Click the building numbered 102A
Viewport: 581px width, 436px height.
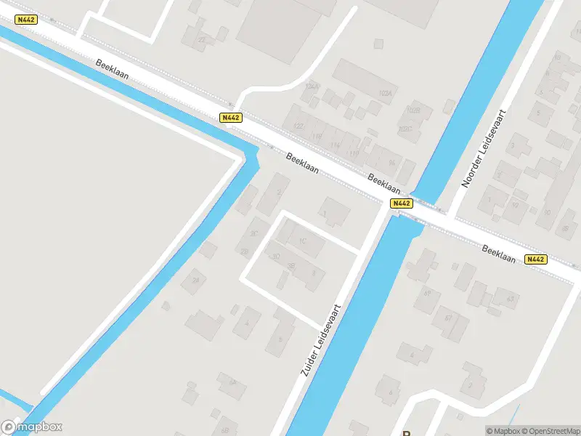pos(385,94)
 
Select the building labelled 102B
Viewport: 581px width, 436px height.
pos(413,110)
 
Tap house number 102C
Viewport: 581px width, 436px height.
pos(405,129)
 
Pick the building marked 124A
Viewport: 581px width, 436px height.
pos(312,86)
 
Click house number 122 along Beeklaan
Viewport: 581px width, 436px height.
pos(297,126)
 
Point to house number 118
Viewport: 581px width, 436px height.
pos(316,137)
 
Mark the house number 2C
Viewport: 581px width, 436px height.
pos(254,233)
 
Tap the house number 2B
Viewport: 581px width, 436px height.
pos(245,251)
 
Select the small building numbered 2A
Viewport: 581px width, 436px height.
pos(195,279)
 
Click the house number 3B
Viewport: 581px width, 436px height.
pos(291,266)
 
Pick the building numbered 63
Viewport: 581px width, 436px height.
pos(510,299)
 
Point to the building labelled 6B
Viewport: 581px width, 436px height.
pos(225,421)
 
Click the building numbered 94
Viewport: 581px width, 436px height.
pos(392,162)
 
